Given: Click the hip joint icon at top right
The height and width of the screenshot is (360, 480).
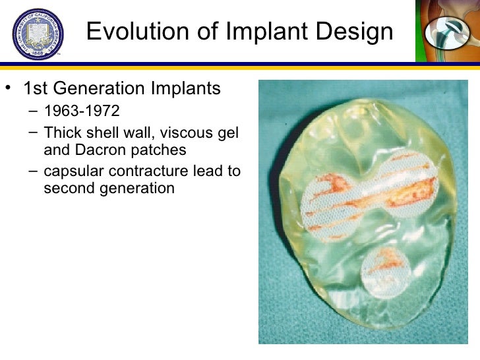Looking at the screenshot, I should (446, 31).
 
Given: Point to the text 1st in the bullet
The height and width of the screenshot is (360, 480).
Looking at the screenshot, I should (36, 88).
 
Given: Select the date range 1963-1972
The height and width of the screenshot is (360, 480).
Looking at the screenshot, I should (82, 110).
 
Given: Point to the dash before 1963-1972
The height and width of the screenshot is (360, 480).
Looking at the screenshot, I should (33, 110).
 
